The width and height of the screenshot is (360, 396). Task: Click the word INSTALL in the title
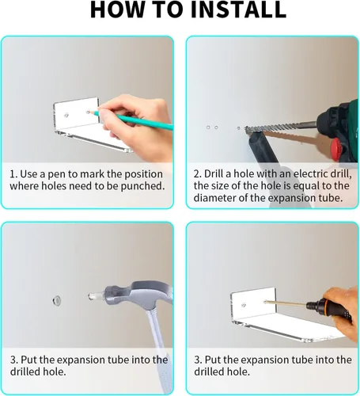click(238, 10)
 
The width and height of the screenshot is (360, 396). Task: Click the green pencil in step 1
click(132, 120)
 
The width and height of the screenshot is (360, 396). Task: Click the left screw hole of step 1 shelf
click(66, 115)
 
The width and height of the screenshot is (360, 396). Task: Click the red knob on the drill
click(337, 150)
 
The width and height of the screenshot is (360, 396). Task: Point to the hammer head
click(132, 295)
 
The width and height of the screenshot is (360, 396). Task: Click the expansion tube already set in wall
click(56, 300)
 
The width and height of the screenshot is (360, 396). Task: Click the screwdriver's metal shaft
click(286, 303)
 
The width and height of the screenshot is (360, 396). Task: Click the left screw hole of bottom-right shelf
click(244, 306)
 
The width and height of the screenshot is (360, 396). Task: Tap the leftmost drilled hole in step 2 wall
click(208, 128)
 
